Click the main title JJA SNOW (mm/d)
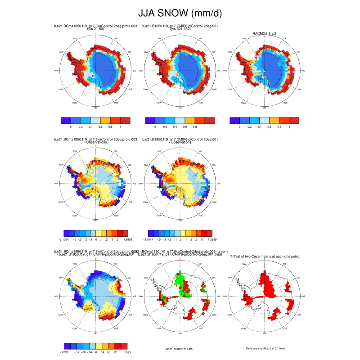click(x=180, y=13)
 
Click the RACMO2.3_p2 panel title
click(x=264, y=33)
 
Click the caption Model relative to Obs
click(x=180, y=348)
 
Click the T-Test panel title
click(x=265, y=256)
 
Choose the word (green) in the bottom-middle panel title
click(x=208, y=251)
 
